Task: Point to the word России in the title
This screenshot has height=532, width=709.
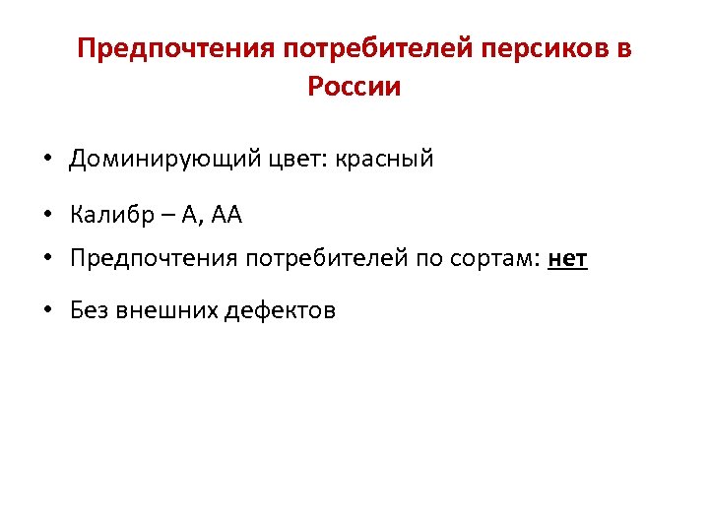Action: (354, 87)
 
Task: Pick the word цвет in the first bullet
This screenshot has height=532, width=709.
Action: (279, 159)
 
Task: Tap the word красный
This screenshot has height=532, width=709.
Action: (384, 159)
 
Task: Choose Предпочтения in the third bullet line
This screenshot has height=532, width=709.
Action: (154, 259)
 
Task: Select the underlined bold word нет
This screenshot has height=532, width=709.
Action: (567, 259)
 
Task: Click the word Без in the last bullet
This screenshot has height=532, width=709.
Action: (90, 310)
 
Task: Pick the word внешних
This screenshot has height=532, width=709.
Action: (166, 310)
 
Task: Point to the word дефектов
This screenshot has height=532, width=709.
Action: (281, 310)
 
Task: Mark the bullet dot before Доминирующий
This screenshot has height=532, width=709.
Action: (47, 159)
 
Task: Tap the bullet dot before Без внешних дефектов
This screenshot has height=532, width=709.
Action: (47, 310)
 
